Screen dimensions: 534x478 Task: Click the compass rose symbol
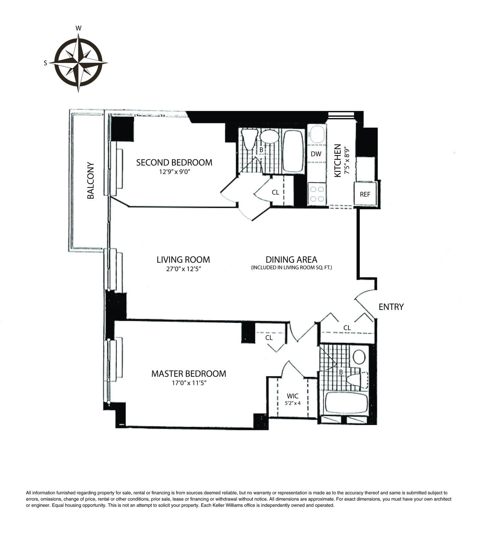[x=78, y=63]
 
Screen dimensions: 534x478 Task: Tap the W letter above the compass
[x=79, y=28]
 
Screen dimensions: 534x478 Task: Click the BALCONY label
[x=91, y=180]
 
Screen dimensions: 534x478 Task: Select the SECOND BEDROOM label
[x=174, y=163]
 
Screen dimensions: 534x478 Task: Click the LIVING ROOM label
[x=183, y=260]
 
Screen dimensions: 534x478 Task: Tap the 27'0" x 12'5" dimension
[x=183, y=269]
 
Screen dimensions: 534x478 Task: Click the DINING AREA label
[x=291, y=260]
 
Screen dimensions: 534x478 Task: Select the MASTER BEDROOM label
[x=188, y=374]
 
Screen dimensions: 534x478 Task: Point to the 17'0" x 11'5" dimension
[x=189, y=383]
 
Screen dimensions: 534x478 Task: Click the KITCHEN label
[x=338, y=160]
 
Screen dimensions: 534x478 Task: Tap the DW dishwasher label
[x=316, y=154]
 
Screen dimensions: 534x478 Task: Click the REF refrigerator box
[x=365, y=194]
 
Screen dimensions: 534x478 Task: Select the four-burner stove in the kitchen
[x=317, y=194]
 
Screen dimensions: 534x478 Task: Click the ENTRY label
[x=391, y=307]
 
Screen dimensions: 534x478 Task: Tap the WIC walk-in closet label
[x=292, y=396]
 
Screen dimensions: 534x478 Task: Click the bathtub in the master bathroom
[x=347, y=403]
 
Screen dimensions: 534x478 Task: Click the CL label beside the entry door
[x=347, y=328]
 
